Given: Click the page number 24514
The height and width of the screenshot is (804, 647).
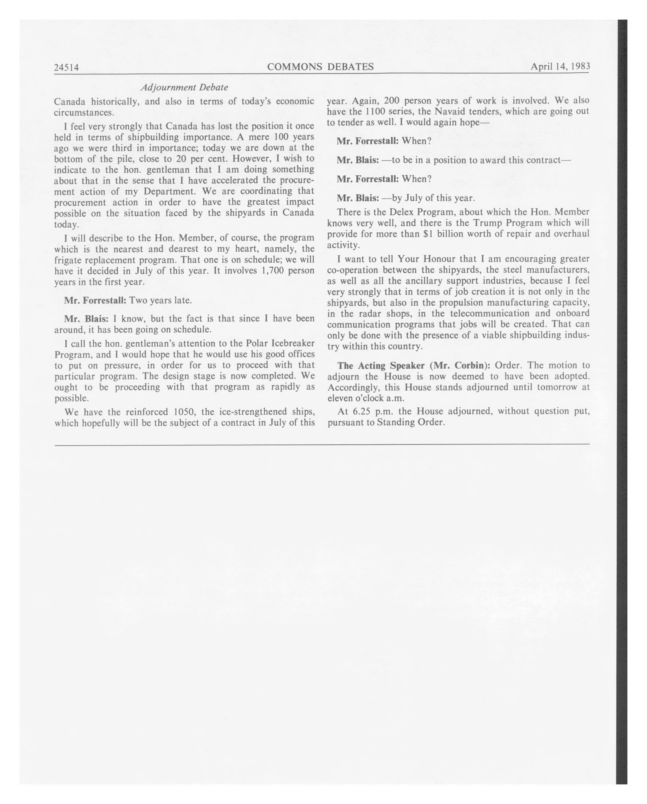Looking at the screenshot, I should [66, 67].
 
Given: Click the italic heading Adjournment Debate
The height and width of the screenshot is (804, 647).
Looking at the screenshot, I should [184, 87].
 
